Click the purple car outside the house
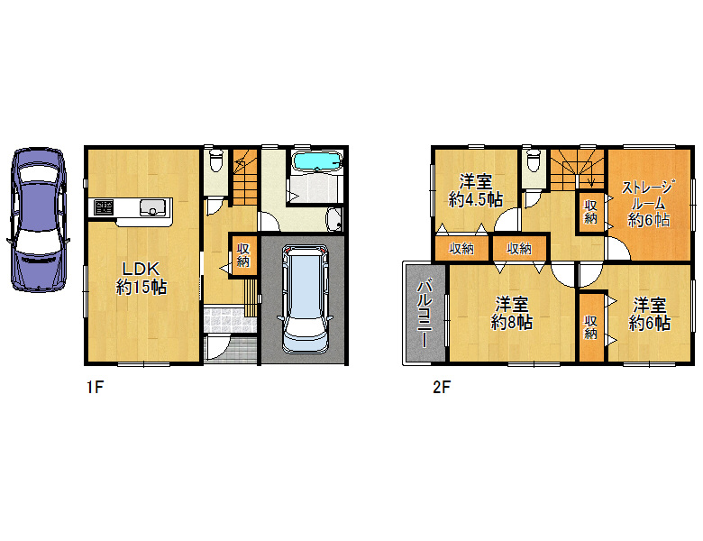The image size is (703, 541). pyautogui.click(x=38, y=219)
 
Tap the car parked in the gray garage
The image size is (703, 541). pyautogui.click(x=306, y=299)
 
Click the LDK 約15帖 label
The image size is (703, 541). pyautogui.click(x=142, y=279)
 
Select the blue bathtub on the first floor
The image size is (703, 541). pyautogui.click(x=316, y=161)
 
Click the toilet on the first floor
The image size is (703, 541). pyautogui.click(x=216, y=160)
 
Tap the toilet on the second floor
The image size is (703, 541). pyautogui.click(x=533, y=160)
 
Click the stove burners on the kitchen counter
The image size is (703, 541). pyautogui.click(x=104, y=207)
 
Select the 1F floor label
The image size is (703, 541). pyautogui.click(x=95, y=387)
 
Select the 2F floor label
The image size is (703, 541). pyautogui.click(x=441, y=387)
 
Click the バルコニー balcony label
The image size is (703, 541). pyautogui.click(x=425, y=313)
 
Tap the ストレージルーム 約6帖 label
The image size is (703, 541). pyautogui.click(x=648, y=204)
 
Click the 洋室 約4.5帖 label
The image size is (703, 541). pyautogui.click(x=476, y=190)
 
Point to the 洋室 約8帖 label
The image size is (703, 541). pyautogui.click(x=512, y=313)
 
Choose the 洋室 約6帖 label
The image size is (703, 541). pyautogui.click(x=650, y=313)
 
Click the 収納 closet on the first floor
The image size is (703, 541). pyautogui.click(x=243, y=255)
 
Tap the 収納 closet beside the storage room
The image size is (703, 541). pyautogui.click(x=591, y=212)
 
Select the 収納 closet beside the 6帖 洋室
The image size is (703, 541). pyautogui.click(x=591, y=327)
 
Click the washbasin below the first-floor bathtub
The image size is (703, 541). pyautogui.click(x=333, y=219)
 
